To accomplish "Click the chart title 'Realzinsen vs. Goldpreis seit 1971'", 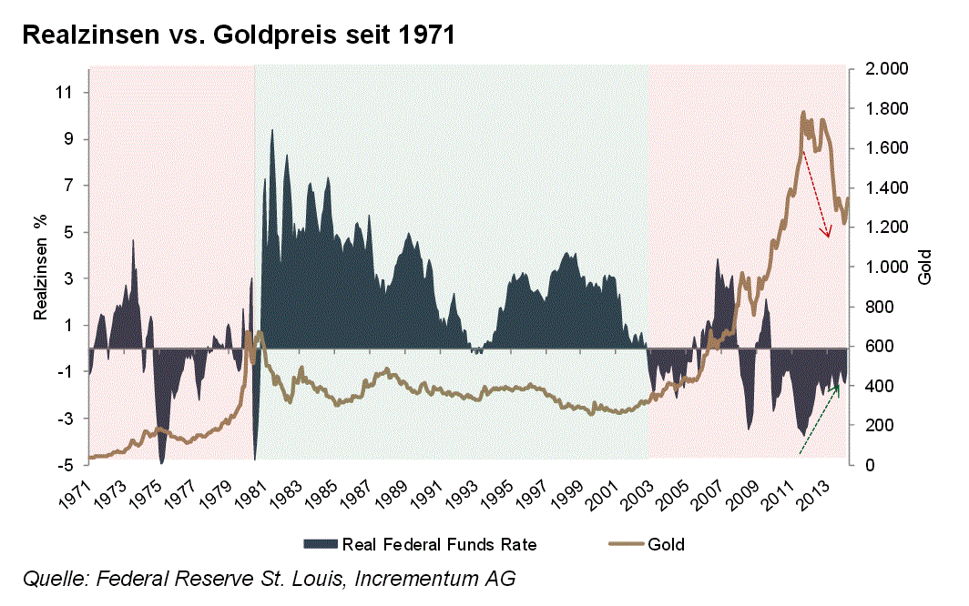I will (x=238, y=36).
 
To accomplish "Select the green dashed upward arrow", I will (x=819, y=419).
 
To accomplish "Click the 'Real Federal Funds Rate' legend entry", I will (x=439, y=545).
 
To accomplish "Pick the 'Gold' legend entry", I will (x=666, y=545).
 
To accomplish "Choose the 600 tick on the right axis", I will (x=872, y=347).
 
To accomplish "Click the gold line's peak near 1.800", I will (x=802, y=114).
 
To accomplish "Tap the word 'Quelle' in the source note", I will (x=49, y=579).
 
